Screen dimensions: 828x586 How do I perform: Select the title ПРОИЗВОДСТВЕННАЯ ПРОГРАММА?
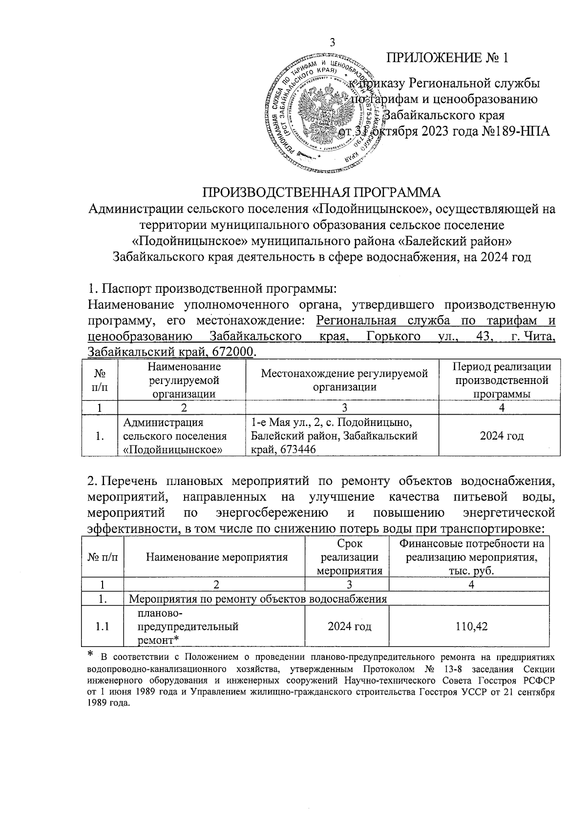tap(322, 191)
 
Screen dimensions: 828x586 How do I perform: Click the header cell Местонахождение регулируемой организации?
tap(344, 380)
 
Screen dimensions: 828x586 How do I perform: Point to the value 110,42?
tap(472, 626)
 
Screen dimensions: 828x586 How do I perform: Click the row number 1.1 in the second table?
tap(102, 626)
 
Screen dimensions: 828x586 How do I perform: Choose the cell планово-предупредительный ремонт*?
tap(189, 626)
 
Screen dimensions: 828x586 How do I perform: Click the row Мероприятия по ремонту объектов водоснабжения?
tap(257, 599)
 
